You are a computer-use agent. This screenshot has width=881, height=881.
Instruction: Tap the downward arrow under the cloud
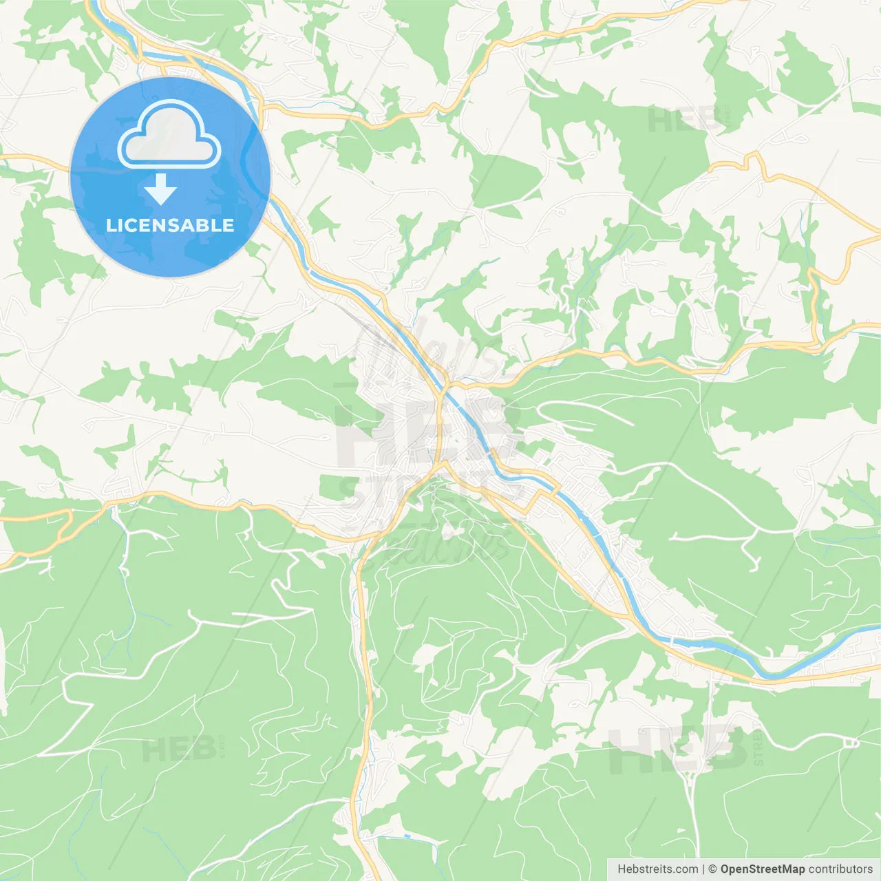[x=160, y=189]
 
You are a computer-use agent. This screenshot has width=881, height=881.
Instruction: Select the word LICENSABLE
[x=170, y=225]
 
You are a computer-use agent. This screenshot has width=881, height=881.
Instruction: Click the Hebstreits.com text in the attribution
[x=657, y=869]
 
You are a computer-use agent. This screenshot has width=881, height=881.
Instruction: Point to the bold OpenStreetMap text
[x=762, y=869]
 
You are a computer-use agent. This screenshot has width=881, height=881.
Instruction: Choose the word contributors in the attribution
[x=840, y=869]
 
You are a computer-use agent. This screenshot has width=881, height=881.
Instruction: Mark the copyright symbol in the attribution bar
[x=712, y=869]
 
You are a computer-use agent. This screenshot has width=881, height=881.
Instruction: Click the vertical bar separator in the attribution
[x=703, y=869]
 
